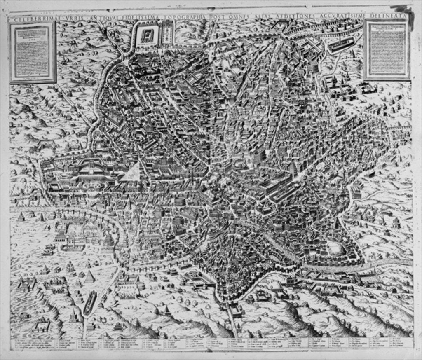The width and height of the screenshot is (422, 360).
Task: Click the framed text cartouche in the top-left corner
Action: pos(33,52)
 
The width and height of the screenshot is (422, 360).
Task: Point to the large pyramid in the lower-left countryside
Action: pos(89,277)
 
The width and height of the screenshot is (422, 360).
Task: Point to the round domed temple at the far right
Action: pos(396,223)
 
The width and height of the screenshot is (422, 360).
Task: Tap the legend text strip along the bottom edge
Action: pos(211,344)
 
